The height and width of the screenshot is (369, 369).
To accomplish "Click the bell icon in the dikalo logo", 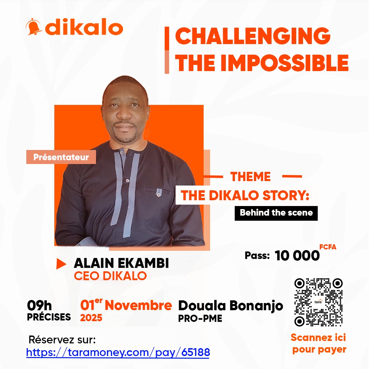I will pyautogui.click(x=34, y=27).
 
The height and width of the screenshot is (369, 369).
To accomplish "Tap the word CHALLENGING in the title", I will pyautogui.click(x=253, y=36).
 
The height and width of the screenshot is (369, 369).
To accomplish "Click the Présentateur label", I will pyautogui.click(x=61, y=158).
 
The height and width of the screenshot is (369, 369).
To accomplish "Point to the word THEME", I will pyautogui.click(x=250, y=177).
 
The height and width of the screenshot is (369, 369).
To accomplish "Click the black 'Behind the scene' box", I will pyautogui.click(x=276, y=213).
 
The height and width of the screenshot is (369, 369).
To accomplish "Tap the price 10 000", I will pyautogui.click(x=297, y=256).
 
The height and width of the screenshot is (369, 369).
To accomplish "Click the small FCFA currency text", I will pyautogui.click(x=328, y=247).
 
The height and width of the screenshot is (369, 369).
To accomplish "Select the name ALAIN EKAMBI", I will pyautogui.click(x=121, y=263).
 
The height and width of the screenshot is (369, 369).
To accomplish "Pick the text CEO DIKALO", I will pyautogui.click(x=110, y=276).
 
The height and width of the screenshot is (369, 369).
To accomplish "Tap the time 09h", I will pyautogui.click(x=40, y=305).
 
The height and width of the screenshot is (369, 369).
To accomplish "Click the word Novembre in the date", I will pyautogui.click(x=138, y=305).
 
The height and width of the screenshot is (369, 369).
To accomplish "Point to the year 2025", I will pyautogui.click(x=91, y=318).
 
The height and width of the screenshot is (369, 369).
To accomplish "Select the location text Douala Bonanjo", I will pyautogui.click(x=231, y=305).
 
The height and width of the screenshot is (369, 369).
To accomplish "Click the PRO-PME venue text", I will pyautogui.click(x=200, y=318).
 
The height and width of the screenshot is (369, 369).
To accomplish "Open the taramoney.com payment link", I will pyautogui.click(x=118, y=352).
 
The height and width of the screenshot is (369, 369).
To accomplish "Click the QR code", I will pyautogui.click(x=318, y=302).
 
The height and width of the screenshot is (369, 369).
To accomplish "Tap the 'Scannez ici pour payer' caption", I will pyautogui.click(x=318, y=343).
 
